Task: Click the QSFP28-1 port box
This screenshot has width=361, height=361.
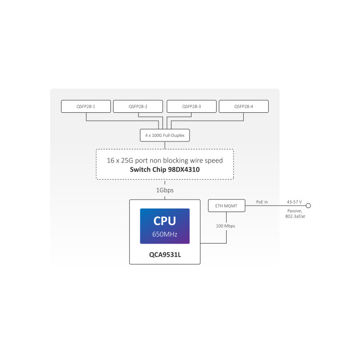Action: pos(85,106)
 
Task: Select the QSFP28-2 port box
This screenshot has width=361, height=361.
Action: pos(138,106)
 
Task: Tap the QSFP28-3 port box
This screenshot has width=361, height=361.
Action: pos(191,106)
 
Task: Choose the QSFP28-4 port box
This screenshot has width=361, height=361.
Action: pos(244,106)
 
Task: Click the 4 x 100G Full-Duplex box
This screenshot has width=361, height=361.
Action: pos(165,135)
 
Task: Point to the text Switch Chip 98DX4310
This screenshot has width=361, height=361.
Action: pos(165,169)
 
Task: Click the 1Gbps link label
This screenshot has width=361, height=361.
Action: pos(165,191)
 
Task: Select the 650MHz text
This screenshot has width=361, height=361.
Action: pos(164,234)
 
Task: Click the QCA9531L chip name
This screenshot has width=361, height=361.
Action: pos(164,254)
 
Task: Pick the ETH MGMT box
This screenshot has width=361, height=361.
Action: pos(227,206)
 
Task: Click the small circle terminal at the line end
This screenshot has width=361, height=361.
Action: pos(309,206)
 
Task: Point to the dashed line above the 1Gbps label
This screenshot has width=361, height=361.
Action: pos(165,183)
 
